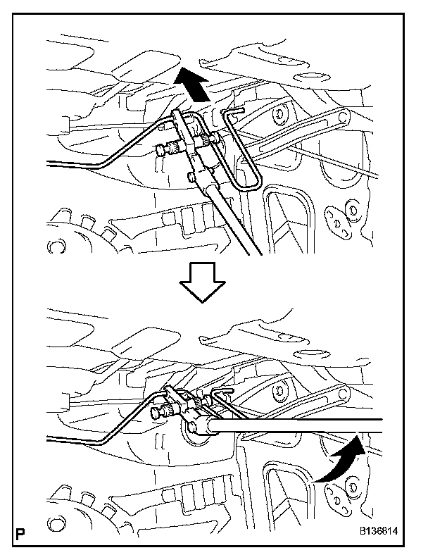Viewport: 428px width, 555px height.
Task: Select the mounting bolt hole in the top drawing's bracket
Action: click(281, 113)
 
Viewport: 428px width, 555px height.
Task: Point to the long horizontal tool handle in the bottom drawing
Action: click(296, 427)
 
